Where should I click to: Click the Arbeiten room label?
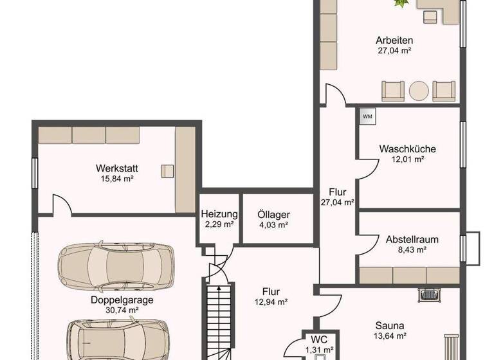click(394, 40)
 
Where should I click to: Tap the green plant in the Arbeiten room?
click(402, 4)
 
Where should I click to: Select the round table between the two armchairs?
click(419, 91)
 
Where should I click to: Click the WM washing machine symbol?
click(367, 116)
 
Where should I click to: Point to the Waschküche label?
click(398, 148)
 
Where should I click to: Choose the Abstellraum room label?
click(412, 239)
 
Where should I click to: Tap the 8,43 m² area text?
click(412, 249)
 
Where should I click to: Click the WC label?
click(319, 339)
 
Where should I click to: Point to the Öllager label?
click(273, 215)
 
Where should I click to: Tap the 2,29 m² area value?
click(219, 224)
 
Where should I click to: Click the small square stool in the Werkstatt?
click(167, 170)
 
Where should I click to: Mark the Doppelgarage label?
click(113, 300)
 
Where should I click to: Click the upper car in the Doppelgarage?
click(115, 265)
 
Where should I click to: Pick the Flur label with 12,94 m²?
click(270, 291)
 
